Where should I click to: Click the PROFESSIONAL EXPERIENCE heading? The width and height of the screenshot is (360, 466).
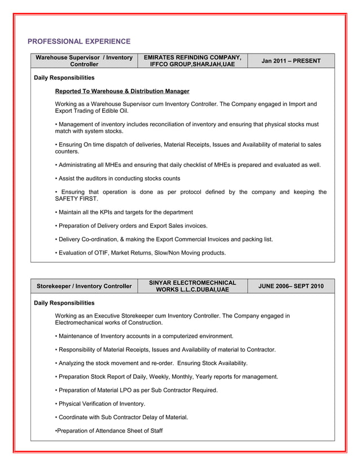pyautogui.click(x=79, y=42)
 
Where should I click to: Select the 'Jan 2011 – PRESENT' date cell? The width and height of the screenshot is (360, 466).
pyautogui.click(x=291, y=61)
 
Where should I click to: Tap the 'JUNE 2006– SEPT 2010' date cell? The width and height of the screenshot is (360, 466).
pyautogui.click(x=291, y=286)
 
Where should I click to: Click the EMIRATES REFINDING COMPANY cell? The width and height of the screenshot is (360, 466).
pyautogui.click(x=192, y=61)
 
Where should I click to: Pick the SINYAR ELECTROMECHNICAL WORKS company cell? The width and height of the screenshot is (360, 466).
pyautogui.click(x=192, y=286)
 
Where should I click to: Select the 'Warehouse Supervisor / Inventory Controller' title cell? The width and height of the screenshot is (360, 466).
pyautogui.click(x=84, y=61)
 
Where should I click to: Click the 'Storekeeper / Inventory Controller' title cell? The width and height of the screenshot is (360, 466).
pyautogui.click(x=84, y=286)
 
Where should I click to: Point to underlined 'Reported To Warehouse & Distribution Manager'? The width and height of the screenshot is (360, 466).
pyautogui.click(x=122, y=91)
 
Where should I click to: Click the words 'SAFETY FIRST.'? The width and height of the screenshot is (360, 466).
pyautogui.click(x=76, y=199)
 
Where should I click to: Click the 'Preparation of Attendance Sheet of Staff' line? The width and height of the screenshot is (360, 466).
pyautogui.click(x=108, y=431)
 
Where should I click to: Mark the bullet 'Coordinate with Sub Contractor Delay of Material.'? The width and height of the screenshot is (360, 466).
pyautogui.click(x=121, y=417)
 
